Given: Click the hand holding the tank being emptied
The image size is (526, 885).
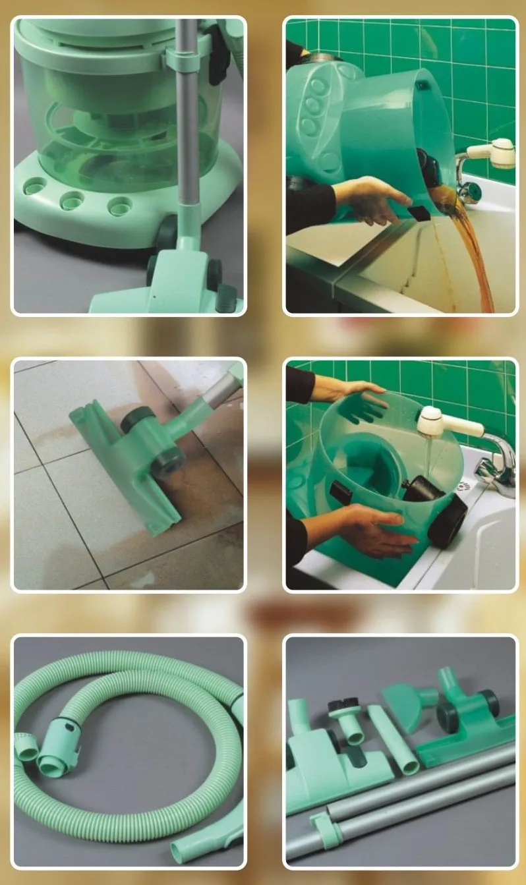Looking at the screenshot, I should pyautogui.click(x=369, y=201).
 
